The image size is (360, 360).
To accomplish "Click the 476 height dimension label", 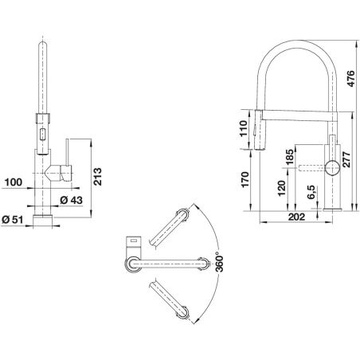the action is (x=350, y=79).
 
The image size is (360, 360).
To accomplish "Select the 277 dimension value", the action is (x=346, y=159).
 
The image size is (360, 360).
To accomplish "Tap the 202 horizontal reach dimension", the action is (x=296, y=217).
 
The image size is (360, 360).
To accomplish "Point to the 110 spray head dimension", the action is (x=244, y=128).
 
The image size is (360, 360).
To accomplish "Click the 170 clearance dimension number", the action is (x=245, y=179).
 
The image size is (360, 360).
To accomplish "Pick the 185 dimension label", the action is (x=289, y=157).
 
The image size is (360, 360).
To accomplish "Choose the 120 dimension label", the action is (x=281, y=188).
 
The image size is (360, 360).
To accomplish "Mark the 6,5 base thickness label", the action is (x=311, y=192).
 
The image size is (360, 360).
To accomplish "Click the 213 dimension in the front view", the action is (x=97, y=177).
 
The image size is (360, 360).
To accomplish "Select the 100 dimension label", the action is (x=14, y=182).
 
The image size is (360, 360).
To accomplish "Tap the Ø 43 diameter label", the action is (x=71, y=200).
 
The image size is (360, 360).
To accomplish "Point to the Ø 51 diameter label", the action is (x=12, y=220).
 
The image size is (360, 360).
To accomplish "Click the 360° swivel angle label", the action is (x=220, y=262).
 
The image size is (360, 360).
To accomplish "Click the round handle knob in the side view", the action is (x=332, y=168).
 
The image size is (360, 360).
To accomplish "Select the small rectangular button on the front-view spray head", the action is (x=42, y=134).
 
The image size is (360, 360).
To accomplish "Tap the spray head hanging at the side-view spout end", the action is (x=259, y=129).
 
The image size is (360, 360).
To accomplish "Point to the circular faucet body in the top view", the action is (x=133, y=264).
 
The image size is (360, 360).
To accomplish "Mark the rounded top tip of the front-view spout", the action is (x=43, y=42).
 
